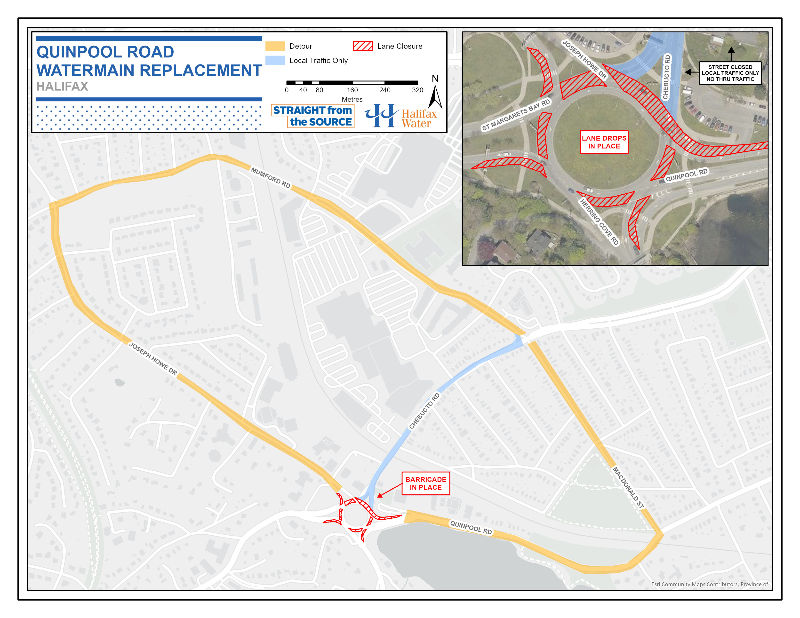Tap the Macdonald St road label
coord(628,487)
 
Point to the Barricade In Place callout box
coord(426,483)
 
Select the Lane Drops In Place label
coord(604,142)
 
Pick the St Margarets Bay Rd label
coord(516,115)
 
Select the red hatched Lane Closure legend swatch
coord(363,46)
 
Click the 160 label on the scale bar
coord(352,90)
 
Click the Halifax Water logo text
coord(419,119)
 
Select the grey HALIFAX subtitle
coord(62,87)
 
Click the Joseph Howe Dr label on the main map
coord(153,359)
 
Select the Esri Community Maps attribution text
coord(709,584)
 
